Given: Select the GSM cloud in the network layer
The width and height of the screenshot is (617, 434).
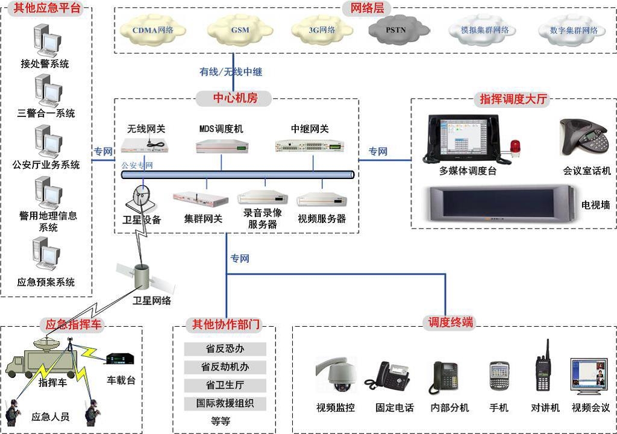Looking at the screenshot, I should pos(239,30).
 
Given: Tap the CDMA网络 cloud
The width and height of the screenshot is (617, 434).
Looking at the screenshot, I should pos(153,30).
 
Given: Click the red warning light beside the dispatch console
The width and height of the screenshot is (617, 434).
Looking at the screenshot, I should pos(515,148).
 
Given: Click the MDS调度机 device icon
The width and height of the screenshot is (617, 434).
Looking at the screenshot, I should pos(222,145).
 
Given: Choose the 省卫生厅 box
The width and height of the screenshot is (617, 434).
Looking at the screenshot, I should pos(225,385).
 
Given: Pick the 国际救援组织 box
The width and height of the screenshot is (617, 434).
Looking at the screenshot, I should pos(225,403).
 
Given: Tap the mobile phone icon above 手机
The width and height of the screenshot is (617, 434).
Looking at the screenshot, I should pos(500,376).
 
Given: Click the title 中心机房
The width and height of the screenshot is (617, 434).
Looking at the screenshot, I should pos(234,98).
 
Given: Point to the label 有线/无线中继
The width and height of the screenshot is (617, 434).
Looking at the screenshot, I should pos(231,72).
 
